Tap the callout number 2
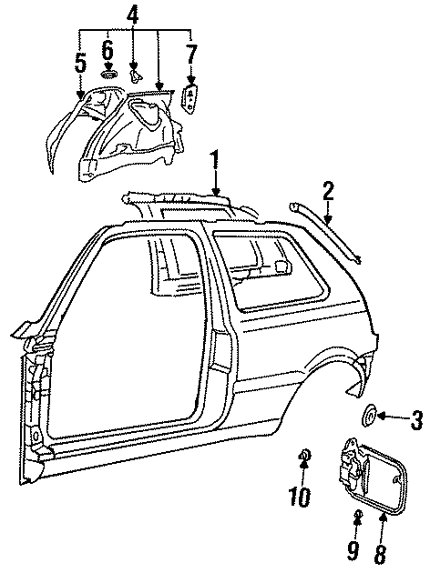point(328,191)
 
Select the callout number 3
point(415,419)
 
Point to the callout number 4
point(133,15)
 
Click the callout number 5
point(81,63)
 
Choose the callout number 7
point(190,57)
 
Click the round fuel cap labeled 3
point(371,417)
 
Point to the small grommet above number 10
point(302,454)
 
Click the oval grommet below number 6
point(109,74)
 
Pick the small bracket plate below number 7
point(190,99)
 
